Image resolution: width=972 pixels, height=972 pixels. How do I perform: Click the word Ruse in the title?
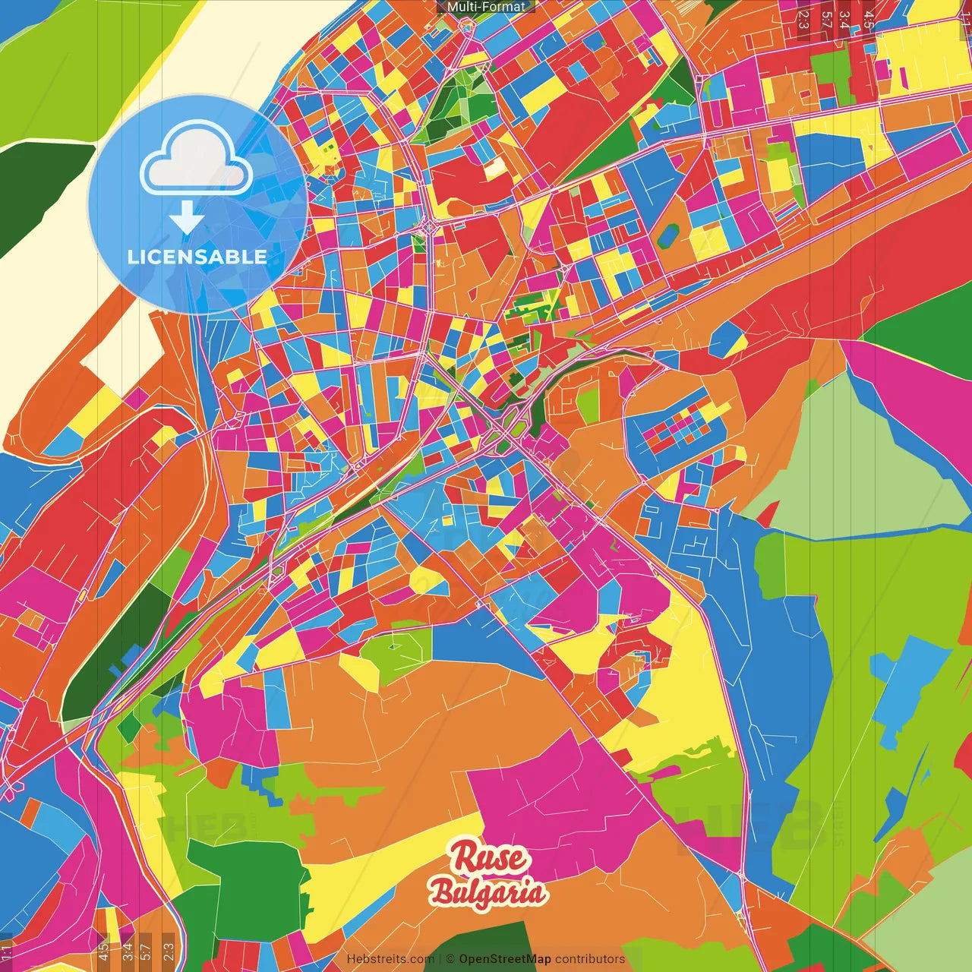point(489,857)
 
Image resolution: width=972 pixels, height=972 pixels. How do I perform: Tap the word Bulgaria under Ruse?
point(488,892)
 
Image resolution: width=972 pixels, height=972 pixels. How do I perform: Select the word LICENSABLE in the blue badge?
point(197,257)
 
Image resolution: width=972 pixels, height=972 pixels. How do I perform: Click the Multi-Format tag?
point(486,7)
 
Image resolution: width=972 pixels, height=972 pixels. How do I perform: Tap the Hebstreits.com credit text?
point(390,959)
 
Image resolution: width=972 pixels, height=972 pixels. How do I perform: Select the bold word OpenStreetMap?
point(505,959)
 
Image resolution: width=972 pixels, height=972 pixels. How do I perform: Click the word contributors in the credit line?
point(590,959)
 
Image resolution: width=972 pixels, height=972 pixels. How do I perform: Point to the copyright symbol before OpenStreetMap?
point(450,959)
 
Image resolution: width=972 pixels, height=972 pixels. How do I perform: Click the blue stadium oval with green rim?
point(669,235)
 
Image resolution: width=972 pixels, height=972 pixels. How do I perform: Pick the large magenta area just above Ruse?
point(562,805)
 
